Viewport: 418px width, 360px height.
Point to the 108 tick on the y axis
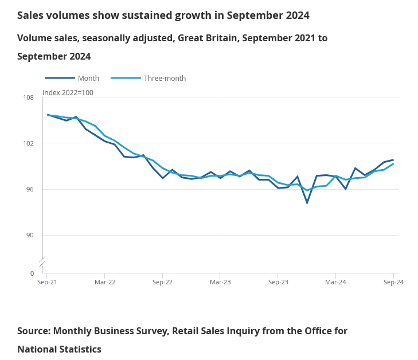pyautogui.click(x=29, y=97)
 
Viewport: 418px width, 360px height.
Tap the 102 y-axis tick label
pyautogui.click(x=29, y=143)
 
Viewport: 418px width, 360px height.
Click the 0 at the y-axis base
pyautogui.click(x=32, y=273)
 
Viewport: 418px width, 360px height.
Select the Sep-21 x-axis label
pyautogui.click(x=46, y=282)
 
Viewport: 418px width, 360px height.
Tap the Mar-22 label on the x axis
pyautogui.click(x=105, y=282)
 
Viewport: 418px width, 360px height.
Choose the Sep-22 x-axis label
pyautogui.click(x=162, y=282)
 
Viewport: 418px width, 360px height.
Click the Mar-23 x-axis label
pyautogui.click(x=220, y=282)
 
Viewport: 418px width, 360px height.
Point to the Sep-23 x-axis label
pyautogui.click(x=278, y=282)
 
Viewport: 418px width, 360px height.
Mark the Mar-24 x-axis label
pyautogui.click(x=335, y=282)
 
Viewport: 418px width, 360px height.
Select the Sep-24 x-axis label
pyautogui.click(x=393, y=282)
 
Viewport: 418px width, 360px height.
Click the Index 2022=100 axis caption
pyautogui.click(x=68, y=93)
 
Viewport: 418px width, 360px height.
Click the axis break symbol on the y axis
pyautogui.click(x=42, y=262)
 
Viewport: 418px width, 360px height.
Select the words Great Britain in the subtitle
pyautogui.click(x=208, y=38)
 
